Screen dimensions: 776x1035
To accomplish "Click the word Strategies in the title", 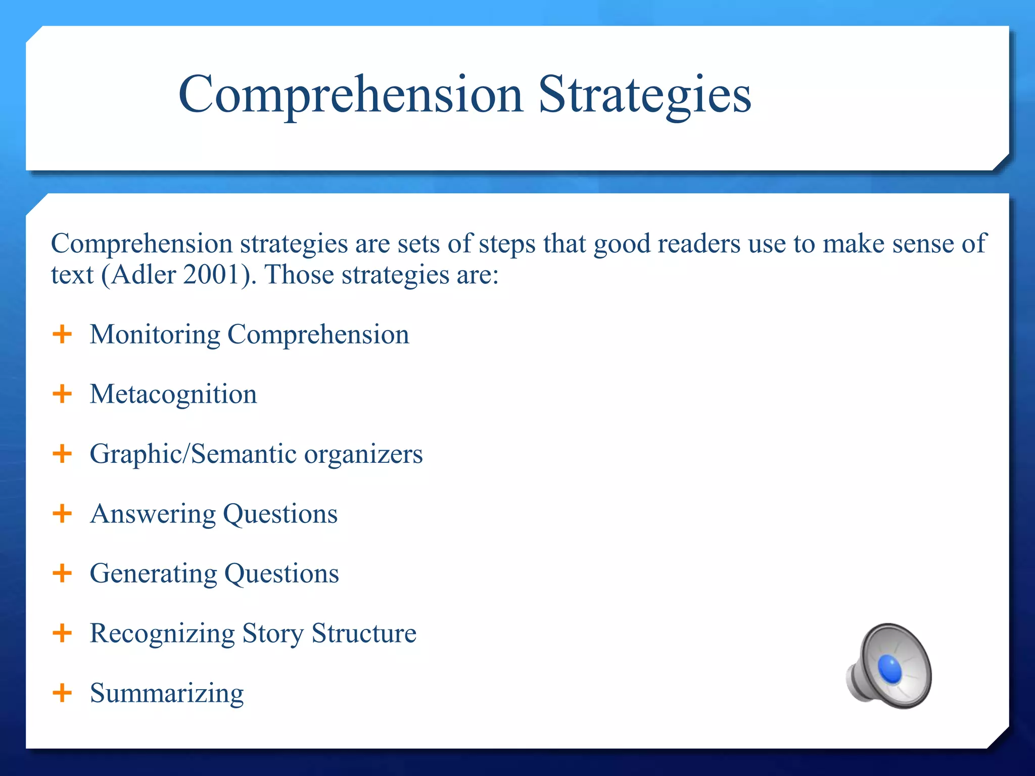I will click(x=644, y=95).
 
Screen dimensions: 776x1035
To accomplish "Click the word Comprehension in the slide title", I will click(x=350, y=95).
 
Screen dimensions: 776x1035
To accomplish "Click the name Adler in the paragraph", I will click(x=144, y=275).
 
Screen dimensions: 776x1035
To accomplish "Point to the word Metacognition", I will click(x=173, y=394).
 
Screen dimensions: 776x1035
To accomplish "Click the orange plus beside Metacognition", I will click(x=62, y=394).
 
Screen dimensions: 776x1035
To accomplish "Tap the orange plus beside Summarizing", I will click(x=62, y=692).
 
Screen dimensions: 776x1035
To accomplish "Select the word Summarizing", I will click(x=167, y=693).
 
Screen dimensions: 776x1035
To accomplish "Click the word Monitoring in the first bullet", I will click(x=155, y=335).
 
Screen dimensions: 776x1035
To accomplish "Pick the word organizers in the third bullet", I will click(x=363, y=454).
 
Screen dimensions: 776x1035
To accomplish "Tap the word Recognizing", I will click(x=162, y=634).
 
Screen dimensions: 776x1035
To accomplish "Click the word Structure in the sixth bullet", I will click(x=364, y=633).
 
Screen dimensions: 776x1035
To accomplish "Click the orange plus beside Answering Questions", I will click(x=62, y=513).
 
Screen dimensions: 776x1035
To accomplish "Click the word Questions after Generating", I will click(x=281, y=574).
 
